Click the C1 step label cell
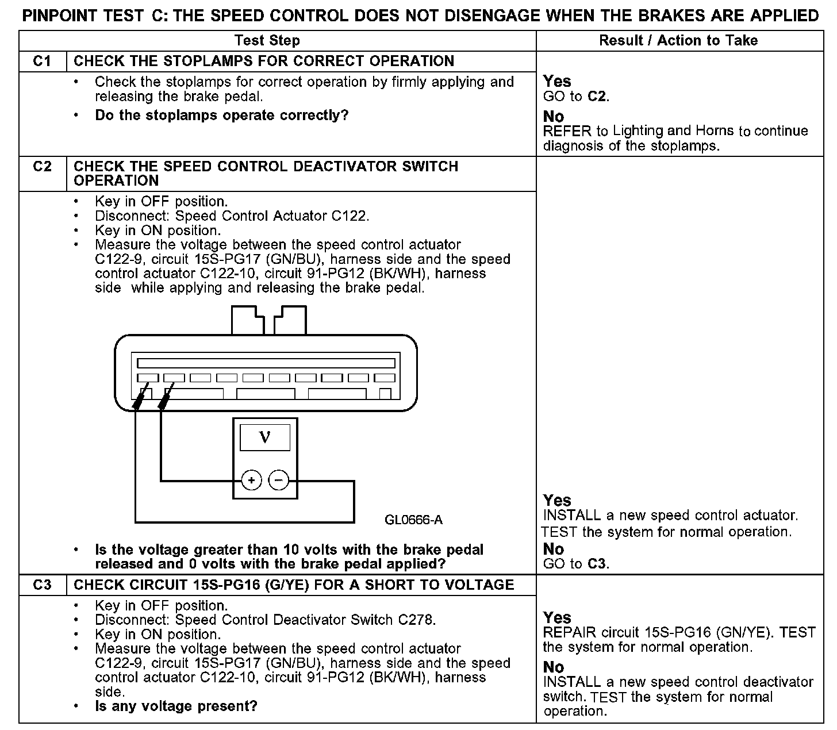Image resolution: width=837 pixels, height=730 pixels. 43,62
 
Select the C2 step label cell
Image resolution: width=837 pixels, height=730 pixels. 43,167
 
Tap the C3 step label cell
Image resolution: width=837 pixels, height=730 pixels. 43,585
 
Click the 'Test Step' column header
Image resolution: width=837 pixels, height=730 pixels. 267,41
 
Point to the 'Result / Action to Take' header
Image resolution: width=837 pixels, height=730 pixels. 678,41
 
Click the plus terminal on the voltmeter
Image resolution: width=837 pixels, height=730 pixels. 251,480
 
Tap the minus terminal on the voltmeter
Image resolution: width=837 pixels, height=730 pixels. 279,480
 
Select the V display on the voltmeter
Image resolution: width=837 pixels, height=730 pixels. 264,439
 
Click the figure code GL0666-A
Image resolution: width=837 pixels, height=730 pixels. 413,520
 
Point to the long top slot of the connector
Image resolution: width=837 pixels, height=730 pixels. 266,363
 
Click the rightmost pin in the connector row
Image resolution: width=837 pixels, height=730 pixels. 385,378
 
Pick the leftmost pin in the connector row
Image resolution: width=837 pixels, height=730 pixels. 148,378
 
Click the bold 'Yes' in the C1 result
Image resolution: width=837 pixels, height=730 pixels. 557,81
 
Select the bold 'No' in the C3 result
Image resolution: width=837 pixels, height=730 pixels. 554,667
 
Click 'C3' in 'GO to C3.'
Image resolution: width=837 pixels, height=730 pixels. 597,564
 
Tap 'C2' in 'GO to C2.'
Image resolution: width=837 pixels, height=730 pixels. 597,97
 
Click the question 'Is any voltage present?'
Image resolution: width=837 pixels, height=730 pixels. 176,706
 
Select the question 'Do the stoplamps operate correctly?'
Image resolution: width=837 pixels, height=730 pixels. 222,116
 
